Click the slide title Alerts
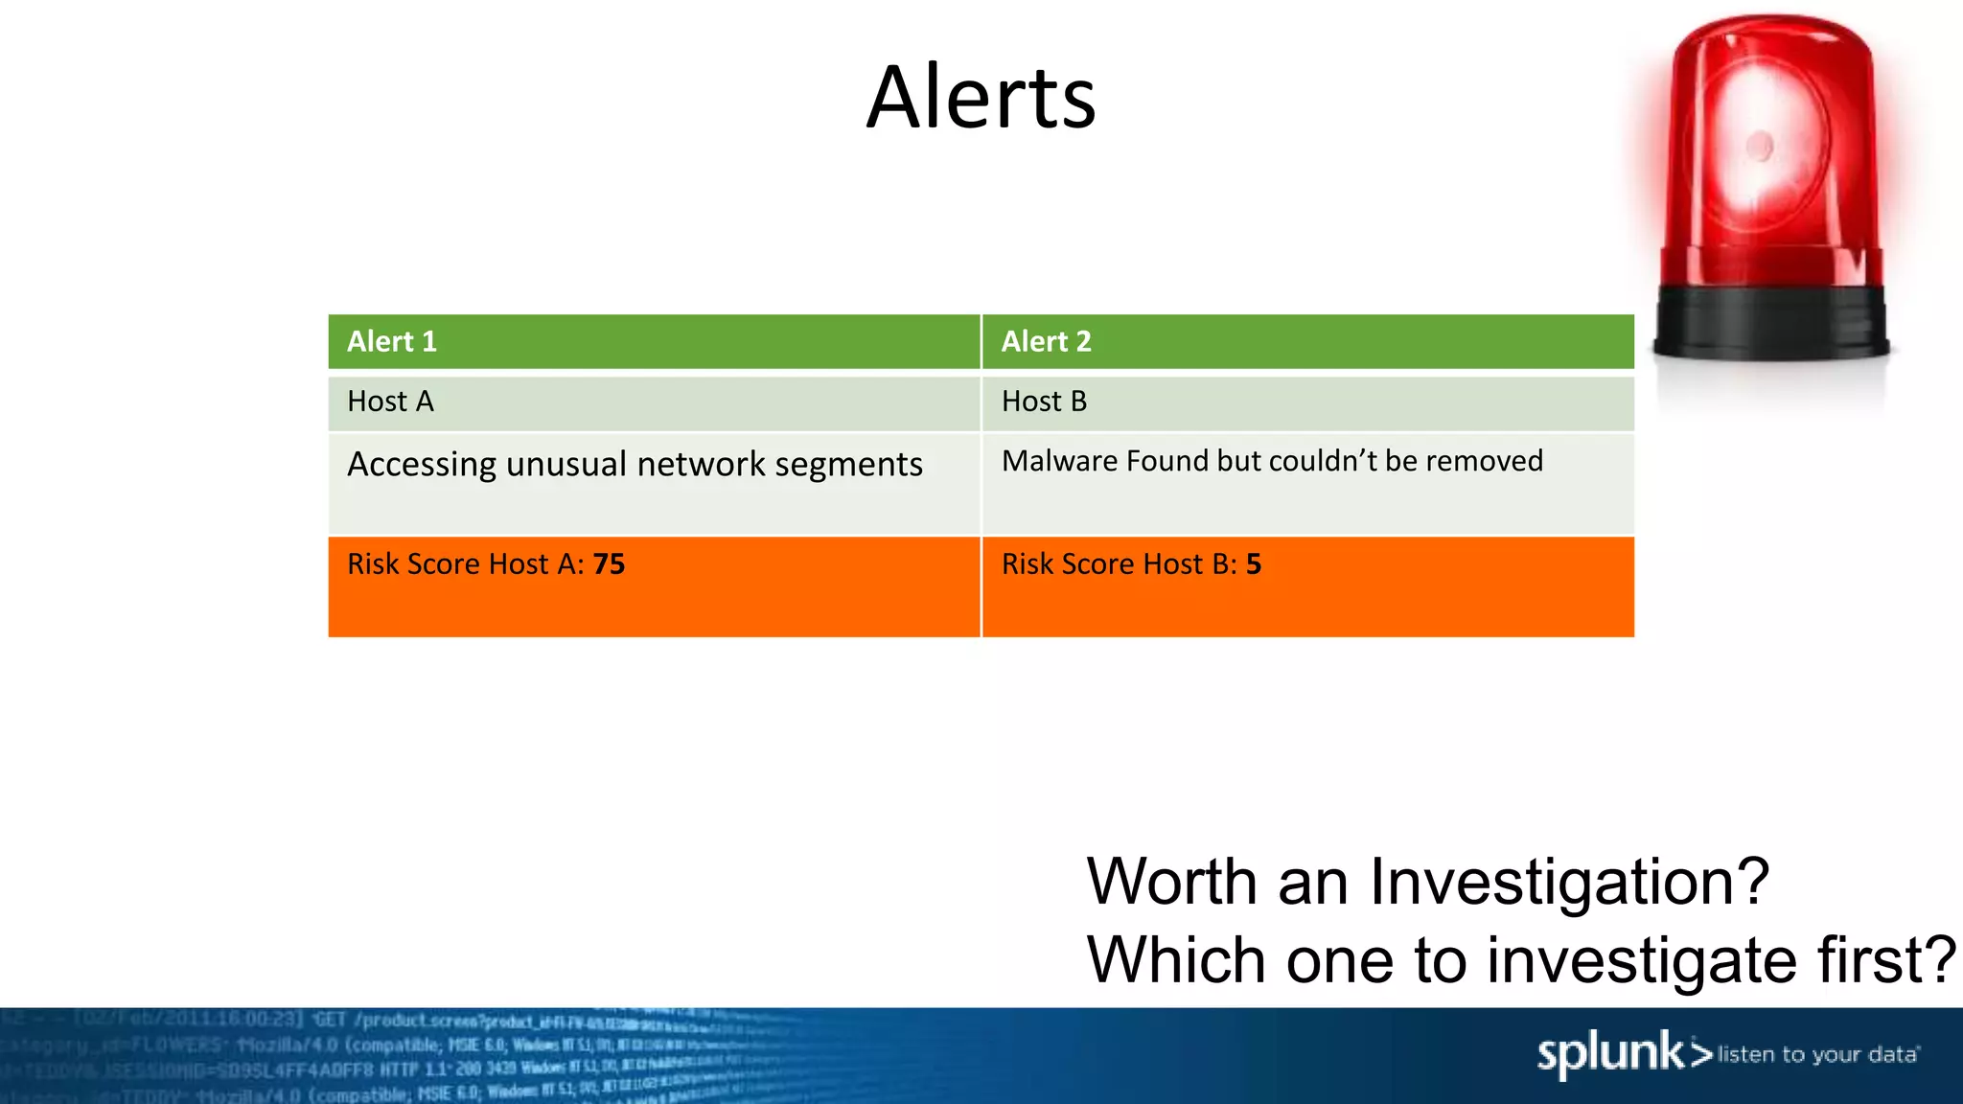coord(981,98)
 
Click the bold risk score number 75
coord(609,563)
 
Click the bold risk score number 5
coord(1254,563)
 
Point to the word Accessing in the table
coord(422,465)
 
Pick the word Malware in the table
coord(1060,461)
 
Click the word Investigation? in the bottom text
coord(1569,883)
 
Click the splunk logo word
coord(1610,1054)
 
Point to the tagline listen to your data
coord(1817,1055)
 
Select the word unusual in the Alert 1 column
coord(566,464)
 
